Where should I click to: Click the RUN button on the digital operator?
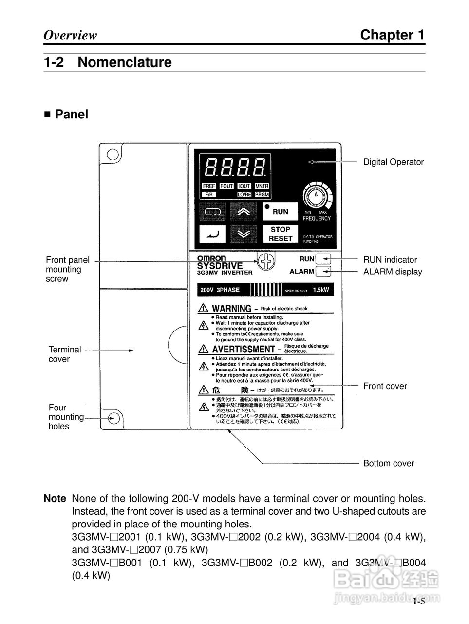click(x=280, y=212)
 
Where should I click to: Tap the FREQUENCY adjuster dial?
click(x=317, y=197)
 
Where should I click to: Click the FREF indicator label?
click(x=209, y=186)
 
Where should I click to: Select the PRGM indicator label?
click(x=262, y=195)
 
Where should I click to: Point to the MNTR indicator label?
click(x=262, y=186)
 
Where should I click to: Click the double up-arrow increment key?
click(x=244, y=212)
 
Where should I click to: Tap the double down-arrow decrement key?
click(x=244, y=234)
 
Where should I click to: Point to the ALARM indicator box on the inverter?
click(x=323, y=272)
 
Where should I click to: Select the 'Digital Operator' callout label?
click(x=394, y=162)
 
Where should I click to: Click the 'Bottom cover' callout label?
click(x=389, y=463)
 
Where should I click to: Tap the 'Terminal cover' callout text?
click(x=65, y=354)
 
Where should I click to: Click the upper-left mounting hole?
click(x=113, y=155)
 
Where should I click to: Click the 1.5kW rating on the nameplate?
click(x=321, y=290)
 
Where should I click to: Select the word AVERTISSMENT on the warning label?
click(x=244, y=349)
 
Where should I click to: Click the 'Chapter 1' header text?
click(x=392, y=35)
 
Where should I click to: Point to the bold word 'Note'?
click(x=55, y=498)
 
